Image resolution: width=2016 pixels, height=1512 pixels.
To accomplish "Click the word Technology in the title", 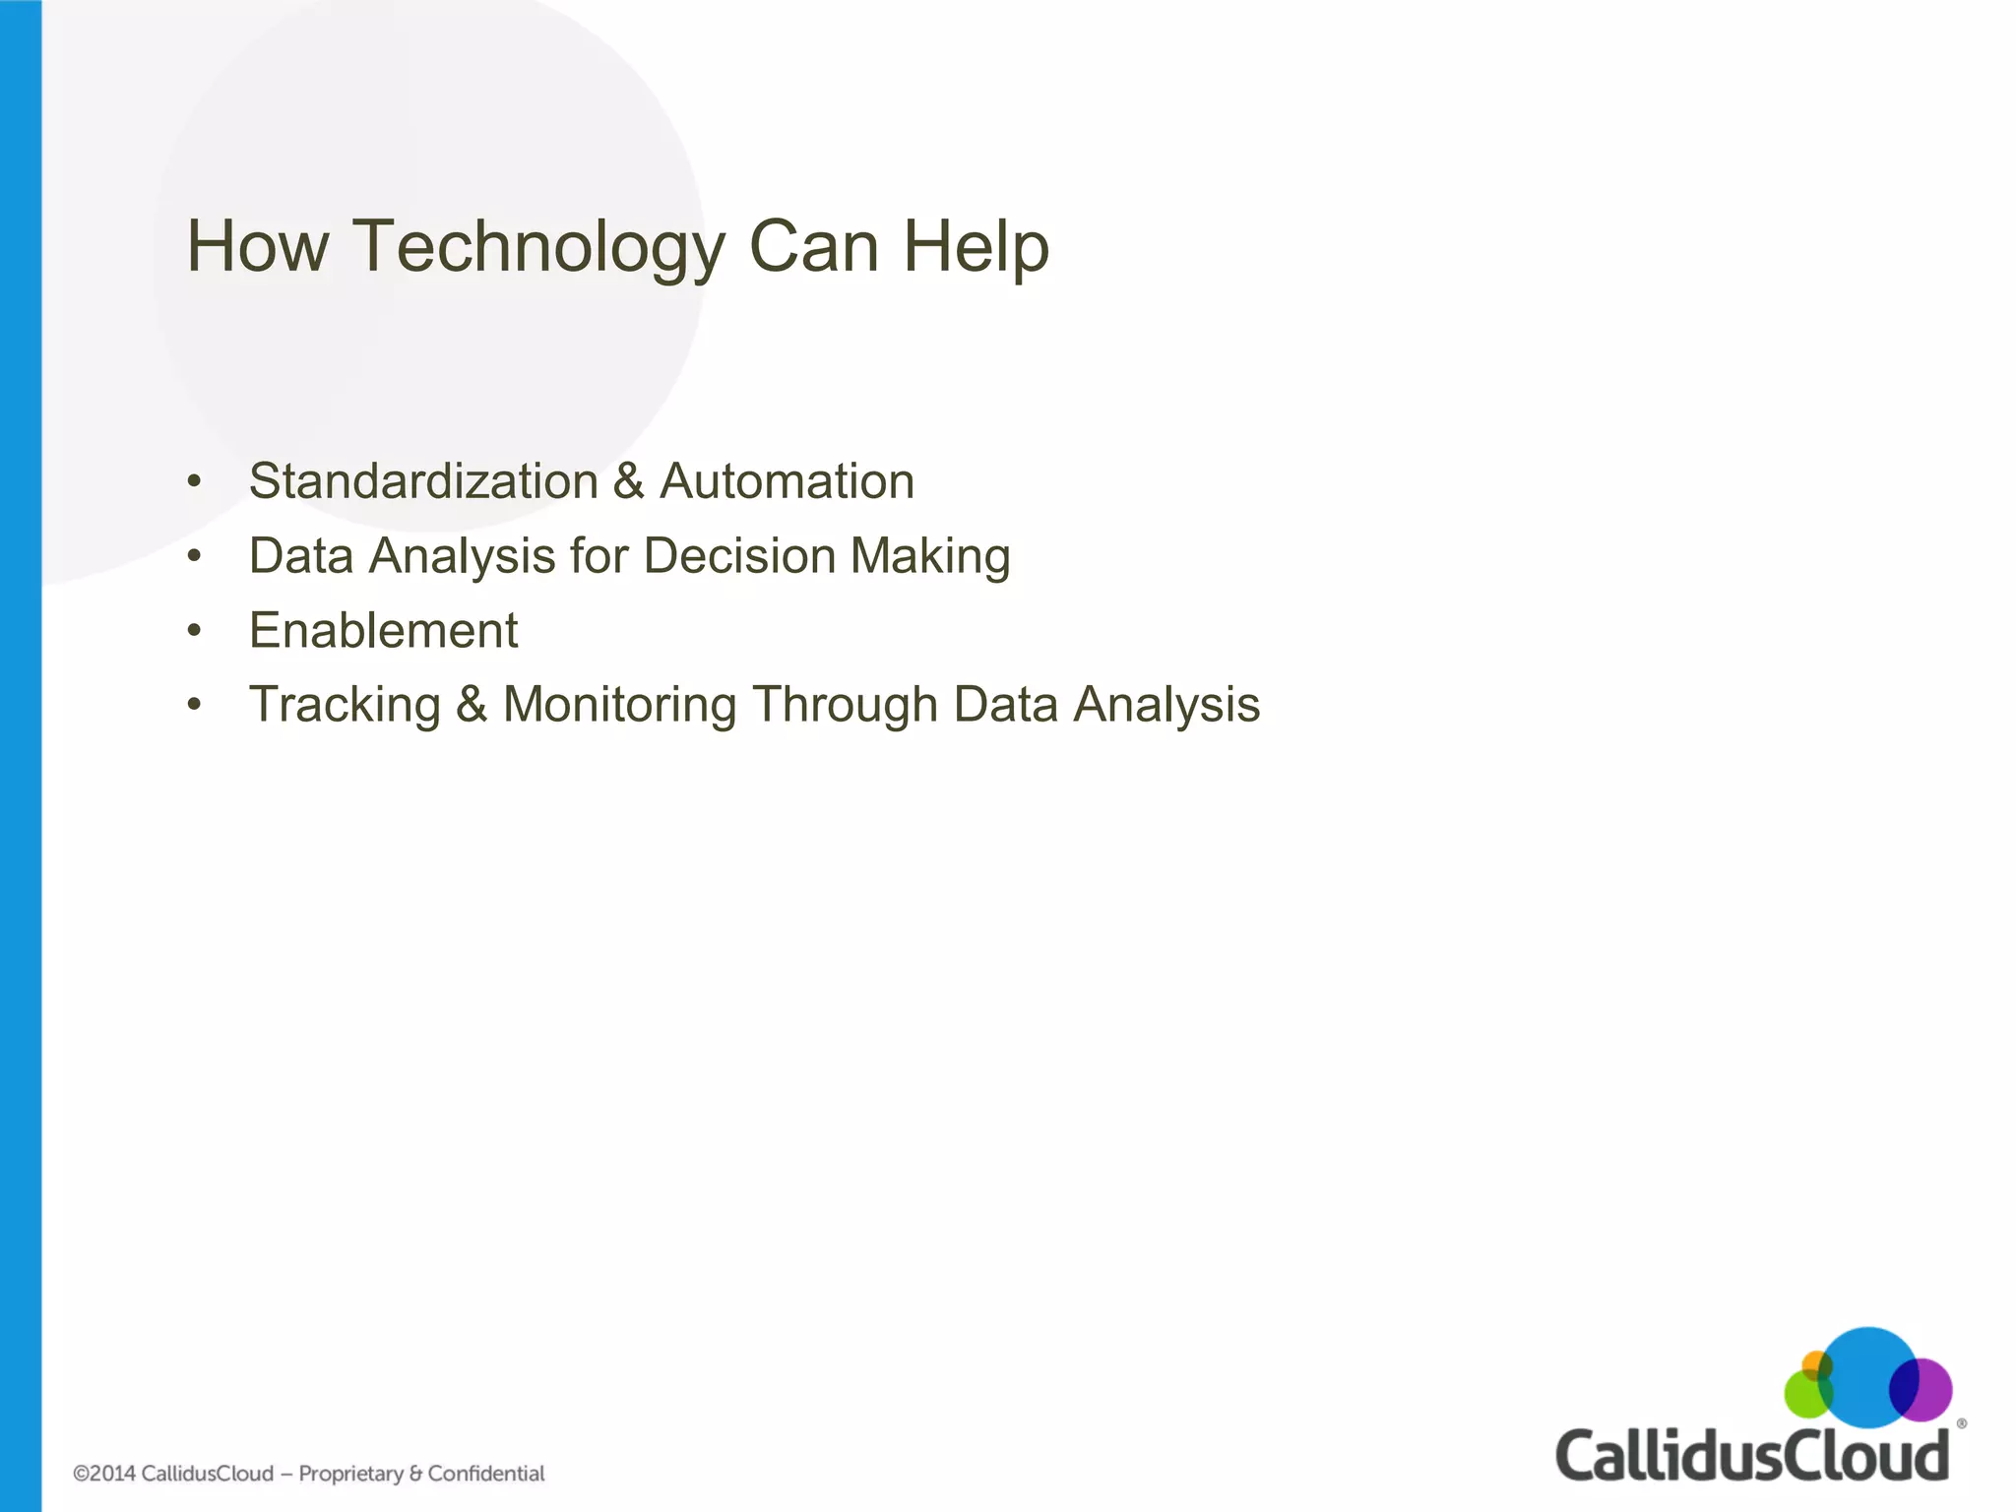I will [538, 246].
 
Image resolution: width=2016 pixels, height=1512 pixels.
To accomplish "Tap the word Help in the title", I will [976, 246].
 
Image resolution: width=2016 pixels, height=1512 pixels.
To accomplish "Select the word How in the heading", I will [257, 246].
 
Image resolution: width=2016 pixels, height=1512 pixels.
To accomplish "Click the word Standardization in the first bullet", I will [423, 481].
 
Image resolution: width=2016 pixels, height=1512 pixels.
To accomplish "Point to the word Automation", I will [787, 481].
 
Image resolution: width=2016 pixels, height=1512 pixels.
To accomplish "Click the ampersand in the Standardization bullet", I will [628, 481].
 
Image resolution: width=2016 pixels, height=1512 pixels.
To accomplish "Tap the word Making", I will [930, 556].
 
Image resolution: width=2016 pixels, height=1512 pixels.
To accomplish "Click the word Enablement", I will [383, 630].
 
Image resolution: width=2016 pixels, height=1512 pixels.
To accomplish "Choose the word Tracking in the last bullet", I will [345, 705].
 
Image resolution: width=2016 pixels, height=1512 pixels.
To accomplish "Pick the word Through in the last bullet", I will [845, 705].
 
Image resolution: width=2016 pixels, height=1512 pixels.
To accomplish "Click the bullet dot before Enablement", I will [195, 630].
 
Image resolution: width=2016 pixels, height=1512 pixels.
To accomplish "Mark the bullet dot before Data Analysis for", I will [195, 556].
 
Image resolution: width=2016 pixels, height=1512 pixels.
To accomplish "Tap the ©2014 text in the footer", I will [104, 1474].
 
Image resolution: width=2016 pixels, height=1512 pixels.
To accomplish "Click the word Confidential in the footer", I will [486, 1474].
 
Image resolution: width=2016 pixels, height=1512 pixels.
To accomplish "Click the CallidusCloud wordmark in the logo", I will [1751, 1455].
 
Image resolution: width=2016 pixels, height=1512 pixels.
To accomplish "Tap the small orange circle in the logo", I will [1814, 1364].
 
